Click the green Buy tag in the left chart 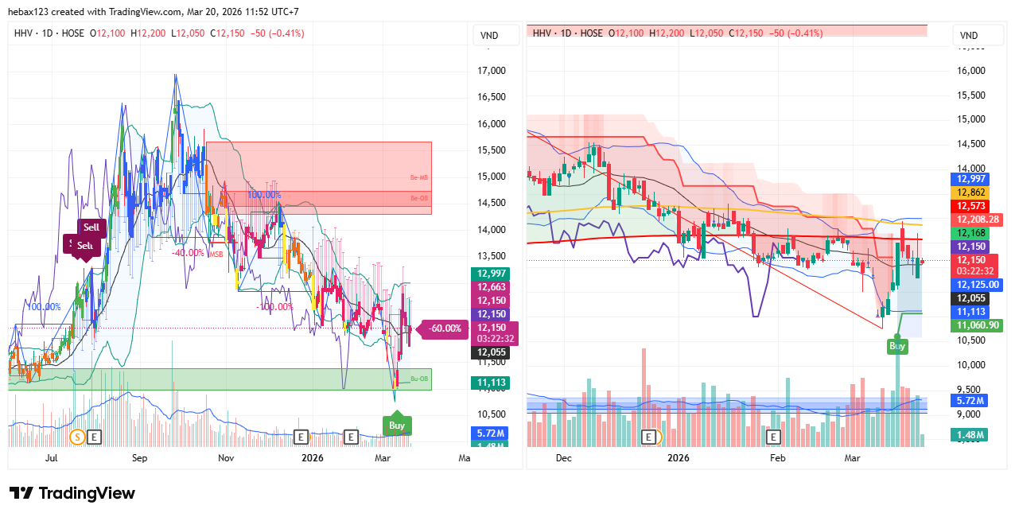(x=397, y=426)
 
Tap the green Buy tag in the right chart (x=896, y=346)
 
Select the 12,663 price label (x=491, y=287)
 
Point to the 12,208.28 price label (x=978, y=220)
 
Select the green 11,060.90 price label (x=978, y=325)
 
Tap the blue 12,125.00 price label (x=978, y=285)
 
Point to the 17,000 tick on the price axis (x=491, y=71)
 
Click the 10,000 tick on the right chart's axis (x=970, y=365)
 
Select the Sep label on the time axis (x=139, y=458)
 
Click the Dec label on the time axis (x=563, y=458)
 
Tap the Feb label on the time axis (x=777, y=458)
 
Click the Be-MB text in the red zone (x=419, y=178)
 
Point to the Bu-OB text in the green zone (x=419, y=379)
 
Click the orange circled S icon (x=77, y=436)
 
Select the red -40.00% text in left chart (x=188, y=253)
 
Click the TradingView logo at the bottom (x=72, y=493)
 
